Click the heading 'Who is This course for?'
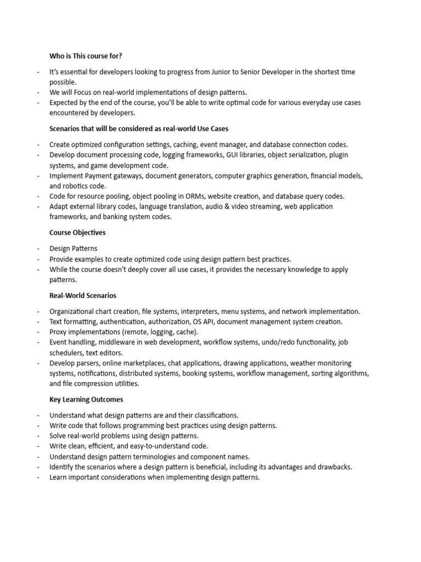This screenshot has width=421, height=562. (87, 55)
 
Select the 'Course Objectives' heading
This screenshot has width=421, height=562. (77, 233)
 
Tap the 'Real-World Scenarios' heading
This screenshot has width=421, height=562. (83, 295)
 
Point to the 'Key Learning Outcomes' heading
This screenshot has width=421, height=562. (86, 400)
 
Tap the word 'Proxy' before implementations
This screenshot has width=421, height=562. (59, 332)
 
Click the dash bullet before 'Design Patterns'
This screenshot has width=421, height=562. (38, 249)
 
